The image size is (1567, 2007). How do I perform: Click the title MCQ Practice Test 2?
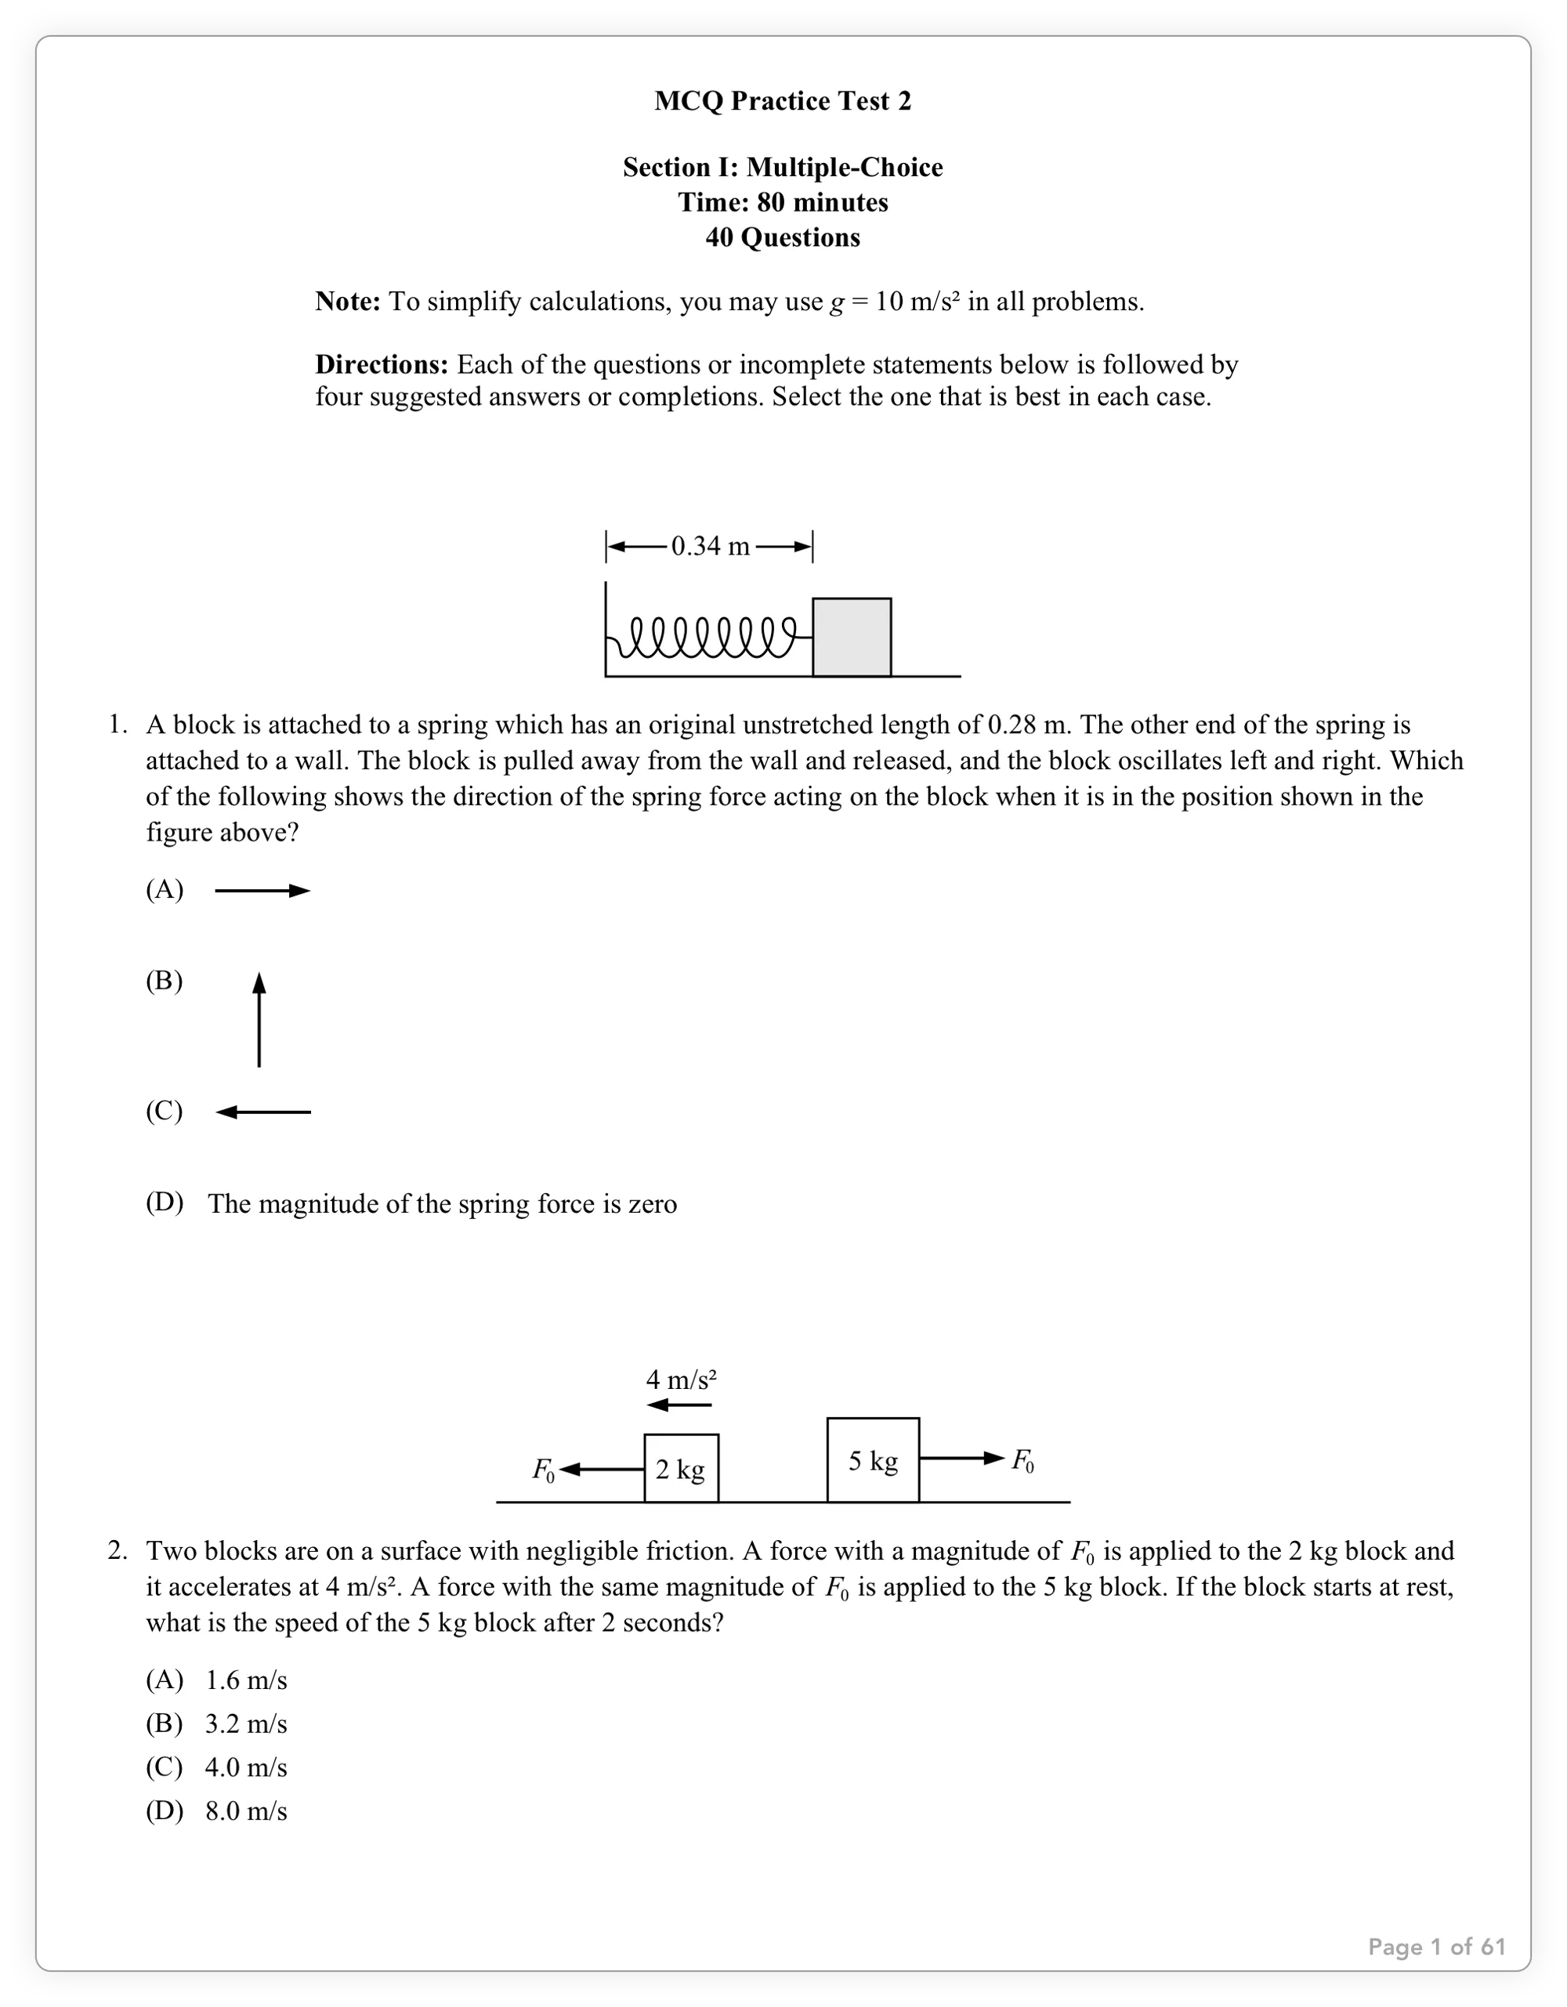tap(782, 101)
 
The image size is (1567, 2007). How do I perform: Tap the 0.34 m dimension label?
tap(711, 547)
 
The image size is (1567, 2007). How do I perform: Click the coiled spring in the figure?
tap(708, 637)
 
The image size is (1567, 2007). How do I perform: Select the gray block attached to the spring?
tap(851, 637)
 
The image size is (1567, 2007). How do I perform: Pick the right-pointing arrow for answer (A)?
tap(262, 891)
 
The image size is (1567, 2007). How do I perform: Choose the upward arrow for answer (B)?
tap(259, 1019)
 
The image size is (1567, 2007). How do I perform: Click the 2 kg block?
tap(681, 1470)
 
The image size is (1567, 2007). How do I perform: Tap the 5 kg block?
tap(872, 1461)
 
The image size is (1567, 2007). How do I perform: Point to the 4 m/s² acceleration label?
tap(681, 1380)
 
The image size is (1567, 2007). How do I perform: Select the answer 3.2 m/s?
tap(245, 1724)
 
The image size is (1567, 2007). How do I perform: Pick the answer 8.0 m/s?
tap(245, 1811)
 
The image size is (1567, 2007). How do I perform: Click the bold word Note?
tap(347, 302)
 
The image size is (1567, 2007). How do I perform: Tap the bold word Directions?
tap(382, 365)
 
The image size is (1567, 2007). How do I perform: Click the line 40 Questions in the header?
tap(782, 238)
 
